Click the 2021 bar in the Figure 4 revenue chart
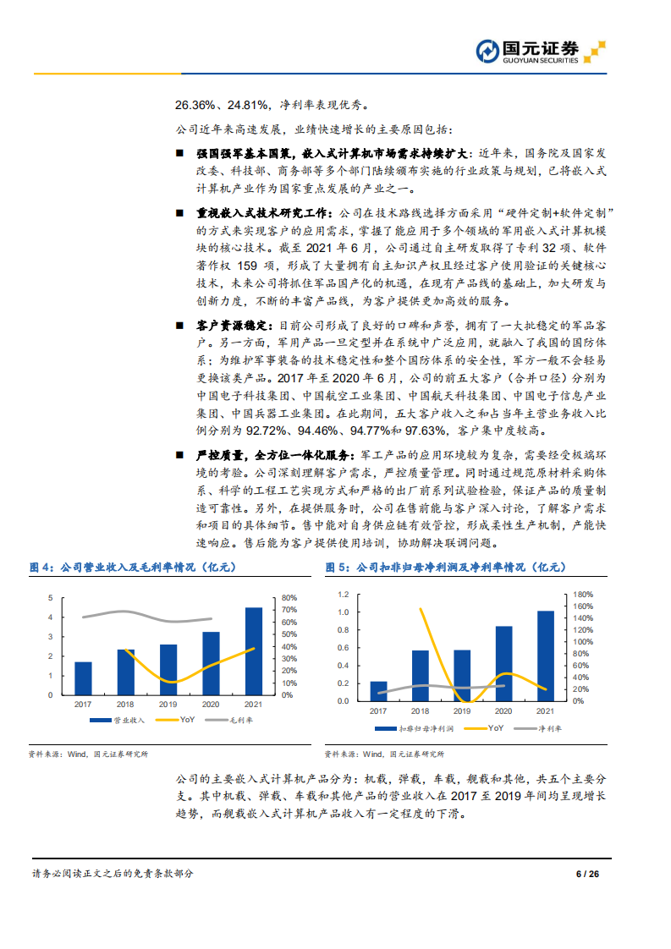click(x=254, y=651)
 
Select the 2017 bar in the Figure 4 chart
click(x=83, y=678)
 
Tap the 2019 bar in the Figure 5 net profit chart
click(x=462, y=676)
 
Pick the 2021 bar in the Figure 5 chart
click(x=546, y=656)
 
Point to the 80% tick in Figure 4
click(x=288, y=597)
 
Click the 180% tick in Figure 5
click(x=585, y=594)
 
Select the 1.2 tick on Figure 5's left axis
click(x=343, y=594)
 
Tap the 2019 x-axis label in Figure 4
click(x=168, y=705)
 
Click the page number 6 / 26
click(x=587, y=874)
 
